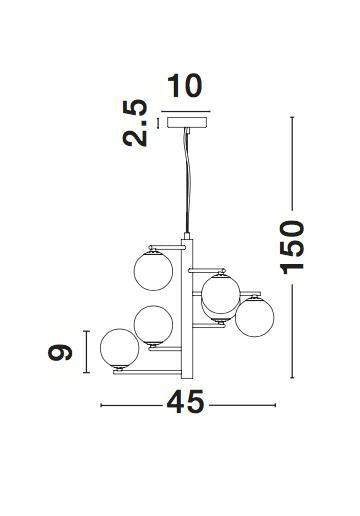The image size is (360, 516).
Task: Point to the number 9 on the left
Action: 62,352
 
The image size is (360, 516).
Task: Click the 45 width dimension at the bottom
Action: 185,404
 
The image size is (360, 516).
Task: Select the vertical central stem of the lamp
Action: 187,300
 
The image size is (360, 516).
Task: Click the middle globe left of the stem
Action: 153,323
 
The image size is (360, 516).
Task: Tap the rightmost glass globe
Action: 254,317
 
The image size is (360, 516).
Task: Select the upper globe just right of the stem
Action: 218,293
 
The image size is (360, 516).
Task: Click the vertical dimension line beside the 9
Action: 88,352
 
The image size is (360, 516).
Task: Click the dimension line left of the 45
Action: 130,405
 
